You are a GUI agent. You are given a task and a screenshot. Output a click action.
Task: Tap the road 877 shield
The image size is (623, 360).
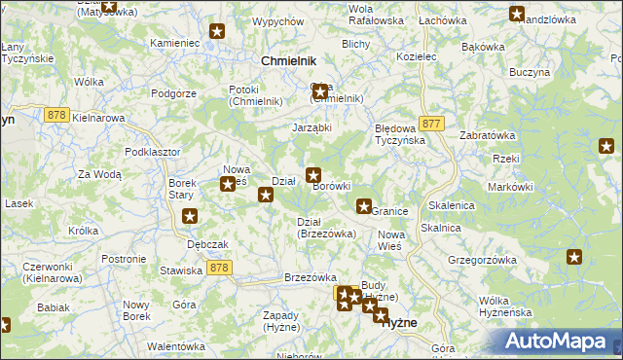pyautogui.click(x=433, y=124)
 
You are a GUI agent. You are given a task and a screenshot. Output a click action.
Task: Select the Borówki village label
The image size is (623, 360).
pyautogui.click(x=331, y=186)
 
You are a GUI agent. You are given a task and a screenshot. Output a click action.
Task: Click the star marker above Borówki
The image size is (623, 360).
pyautogui.click(x=313, y=175)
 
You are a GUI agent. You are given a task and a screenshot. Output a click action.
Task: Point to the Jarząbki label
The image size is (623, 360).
pyautogui.click(x=312, y=126)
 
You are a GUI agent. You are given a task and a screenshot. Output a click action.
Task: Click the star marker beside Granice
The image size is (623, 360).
pyautogui.click(x=363, y=205)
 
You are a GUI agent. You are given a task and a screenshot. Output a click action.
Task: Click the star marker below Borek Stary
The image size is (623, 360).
pyautogui.click(x=190, y=216)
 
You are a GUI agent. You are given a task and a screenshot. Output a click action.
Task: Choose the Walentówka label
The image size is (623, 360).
pyautogui.click(x=175, y=346)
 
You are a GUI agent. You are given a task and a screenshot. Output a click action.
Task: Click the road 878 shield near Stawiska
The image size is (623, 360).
pyautogui.click(x=219, y=267)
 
